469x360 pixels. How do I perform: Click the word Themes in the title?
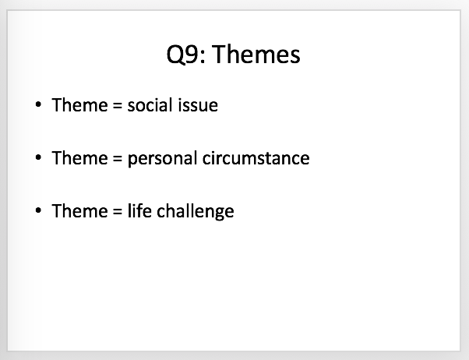tap(256, 55)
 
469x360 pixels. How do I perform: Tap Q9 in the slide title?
tap(182, 55)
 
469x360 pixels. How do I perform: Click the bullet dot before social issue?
tap(38, 104)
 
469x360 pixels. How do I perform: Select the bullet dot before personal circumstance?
tap(38, 157)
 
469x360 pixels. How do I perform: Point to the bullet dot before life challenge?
tap(38, 210)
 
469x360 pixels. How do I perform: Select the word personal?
tap(162, 158)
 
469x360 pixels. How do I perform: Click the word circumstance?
tap(256, 158)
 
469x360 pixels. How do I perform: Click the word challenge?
tap(196, 212)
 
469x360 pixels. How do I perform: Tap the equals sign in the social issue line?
tap(118, 105)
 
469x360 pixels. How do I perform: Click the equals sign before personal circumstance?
tap(118, 158)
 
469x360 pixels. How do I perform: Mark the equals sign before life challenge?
tap(118, 211)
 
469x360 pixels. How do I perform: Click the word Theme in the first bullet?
tap(79, 104)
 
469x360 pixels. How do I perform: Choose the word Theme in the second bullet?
tap(79, 157)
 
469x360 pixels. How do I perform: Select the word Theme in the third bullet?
tap(79, 210)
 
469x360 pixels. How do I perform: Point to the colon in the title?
tap(203, 57)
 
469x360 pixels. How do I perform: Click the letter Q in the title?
tap(175, 55)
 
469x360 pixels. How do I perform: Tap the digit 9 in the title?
tap(191, 55)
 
